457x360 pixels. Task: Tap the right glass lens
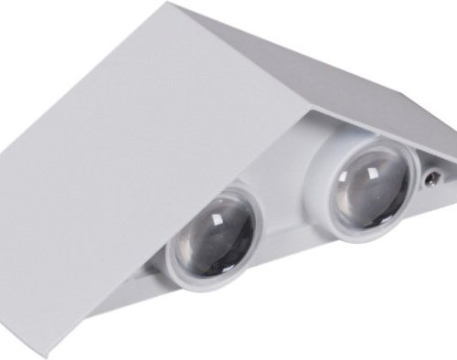pos(369,190)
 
